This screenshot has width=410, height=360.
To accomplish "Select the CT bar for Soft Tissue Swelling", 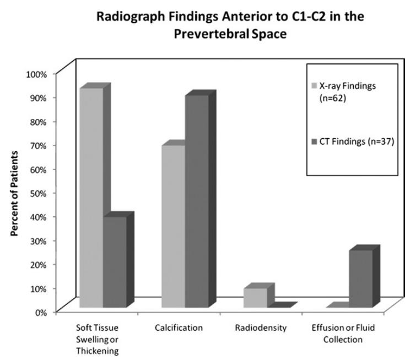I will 115,262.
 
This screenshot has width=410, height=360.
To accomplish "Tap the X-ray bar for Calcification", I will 173,226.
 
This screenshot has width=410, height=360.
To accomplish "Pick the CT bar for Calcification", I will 197,201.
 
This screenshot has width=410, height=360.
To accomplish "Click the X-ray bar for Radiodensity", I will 255,297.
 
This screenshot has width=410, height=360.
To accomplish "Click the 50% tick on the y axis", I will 40,193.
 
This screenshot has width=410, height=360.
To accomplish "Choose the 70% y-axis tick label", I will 40,145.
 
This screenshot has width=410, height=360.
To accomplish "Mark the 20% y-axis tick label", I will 40,264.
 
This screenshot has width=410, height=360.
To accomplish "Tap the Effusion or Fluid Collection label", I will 343,333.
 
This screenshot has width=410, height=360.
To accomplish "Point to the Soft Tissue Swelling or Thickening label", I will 96,338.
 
